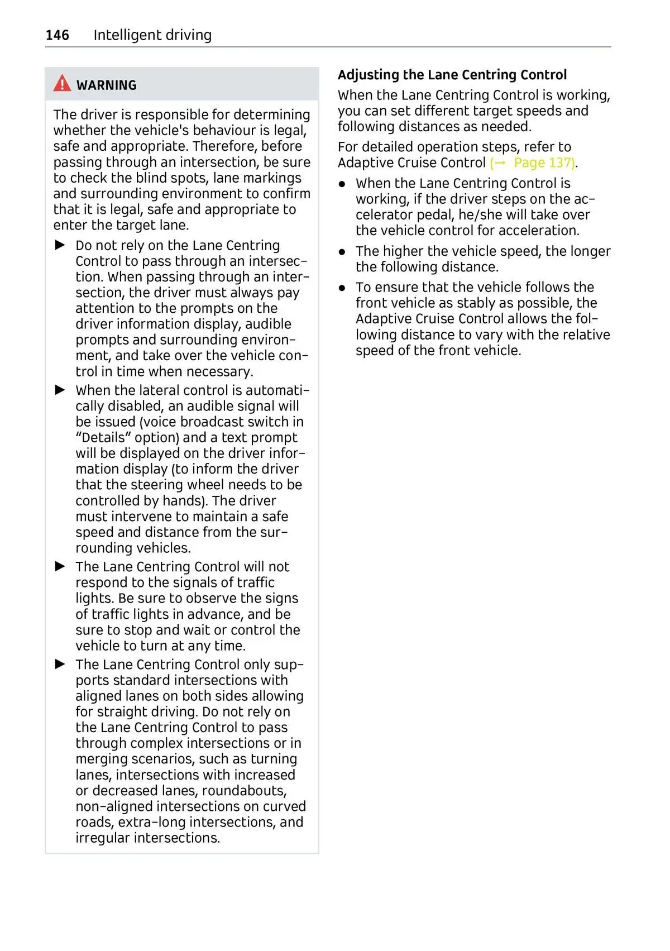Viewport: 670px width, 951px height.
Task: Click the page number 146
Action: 57,35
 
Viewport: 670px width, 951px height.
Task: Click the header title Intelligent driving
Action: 152,35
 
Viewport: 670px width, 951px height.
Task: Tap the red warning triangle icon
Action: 62,84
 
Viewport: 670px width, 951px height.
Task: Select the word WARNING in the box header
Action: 107,85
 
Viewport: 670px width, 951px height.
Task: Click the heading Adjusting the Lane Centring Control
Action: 452,75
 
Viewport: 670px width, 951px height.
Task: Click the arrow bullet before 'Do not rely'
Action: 60,245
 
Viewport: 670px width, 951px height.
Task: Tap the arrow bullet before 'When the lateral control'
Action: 60,390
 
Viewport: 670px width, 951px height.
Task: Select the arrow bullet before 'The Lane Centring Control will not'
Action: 60,566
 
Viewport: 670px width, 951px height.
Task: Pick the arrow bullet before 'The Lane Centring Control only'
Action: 60,664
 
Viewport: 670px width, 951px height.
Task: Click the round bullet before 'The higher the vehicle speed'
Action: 342,252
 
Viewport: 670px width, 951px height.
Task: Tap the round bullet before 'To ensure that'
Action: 342,288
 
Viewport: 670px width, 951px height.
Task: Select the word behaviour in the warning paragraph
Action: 216,131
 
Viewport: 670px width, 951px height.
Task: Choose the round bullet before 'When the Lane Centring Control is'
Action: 342,184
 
